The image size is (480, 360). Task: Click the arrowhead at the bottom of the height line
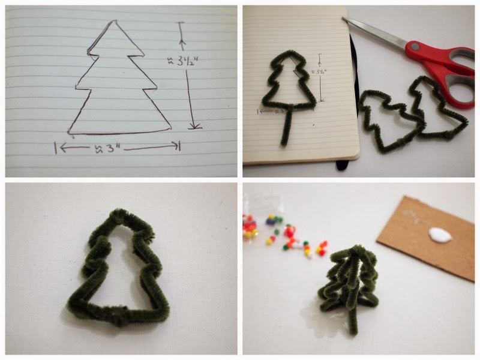194,126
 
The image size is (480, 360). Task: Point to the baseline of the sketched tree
120,132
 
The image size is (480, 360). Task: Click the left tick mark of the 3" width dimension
56,148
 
